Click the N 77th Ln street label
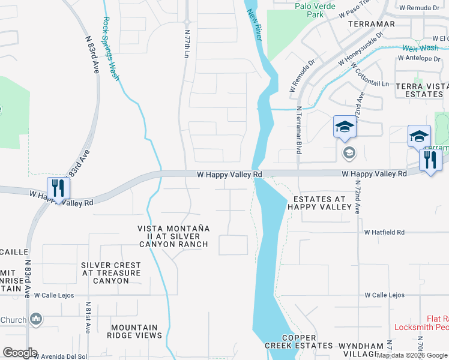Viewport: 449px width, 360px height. pyautogui.click(x=187, y=44)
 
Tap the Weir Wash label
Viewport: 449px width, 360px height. pyautogui.click(x=420, y=47)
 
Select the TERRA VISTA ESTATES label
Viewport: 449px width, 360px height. pyautogui.click(x=421, y=90)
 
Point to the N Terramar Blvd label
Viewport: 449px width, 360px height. pyautogui.click(x=298, y=130)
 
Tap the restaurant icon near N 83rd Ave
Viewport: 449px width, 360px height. pyautogui.click(x=58, y=188)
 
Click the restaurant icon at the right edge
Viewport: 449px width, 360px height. pyautogui.click(x=430, y=160)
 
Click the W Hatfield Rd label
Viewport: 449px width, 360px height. pyautogui.click(x=384, y=232)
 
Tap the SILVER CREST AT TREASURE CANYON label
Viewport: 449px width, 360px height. pyautogui.click(x=111, y=273)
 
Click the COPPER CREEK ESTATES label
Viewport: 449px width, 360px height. pyautogui.click(x=299, y=342)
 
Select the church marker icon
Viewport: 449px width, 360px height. pyautogui.click(x=36, y=319)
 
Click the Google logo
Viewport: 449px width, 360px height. pyautogui.click(x=20, y=353)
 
